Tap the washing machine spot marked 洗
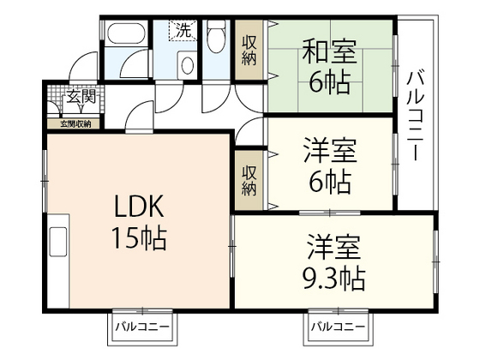point(183,30)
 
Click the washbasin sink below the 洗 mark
point(185,64)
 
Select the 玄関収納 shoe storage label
point(75,124)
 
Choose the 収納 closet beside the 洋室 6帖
point(249,177)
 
